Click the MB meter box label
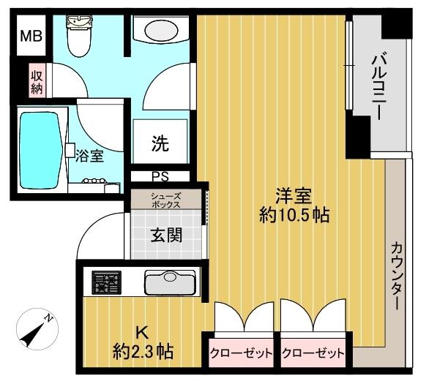click(31, 36)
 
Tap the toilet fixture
click(79, 36)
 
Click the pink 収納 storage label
click(37, 80)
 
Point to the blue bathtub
click(40, 150)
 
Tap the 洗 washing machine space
click(160, 141)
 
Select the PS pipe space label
click(160, 177)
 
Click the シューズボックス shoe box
click(166, 200)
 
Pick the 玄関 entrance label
click(166, 235)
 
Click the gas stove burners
click(106, 282)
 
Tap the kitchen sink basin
click(171, 282)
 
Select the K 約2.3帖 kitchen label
click(143, 343)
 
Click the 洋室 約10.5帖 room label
click(294, 206)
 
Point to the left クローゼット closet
click(241, 353)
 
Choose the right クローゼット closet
click(313, 353)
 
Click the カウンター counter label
click(397, 276)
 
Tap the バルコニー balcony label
click(380, 87)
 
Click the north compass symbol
click(37, 329)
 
